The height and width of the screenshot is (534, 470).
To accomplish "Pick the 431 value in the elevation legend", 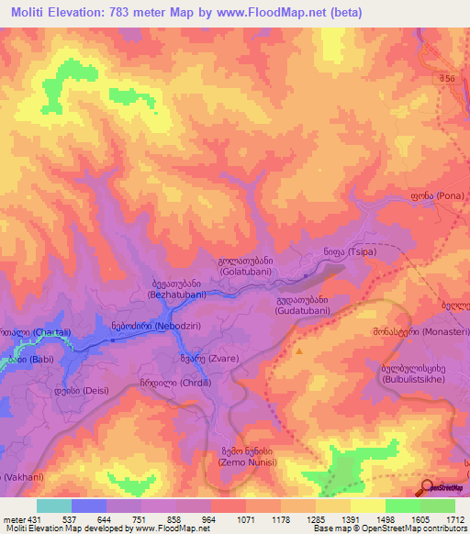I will click(x=35, y=518).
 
